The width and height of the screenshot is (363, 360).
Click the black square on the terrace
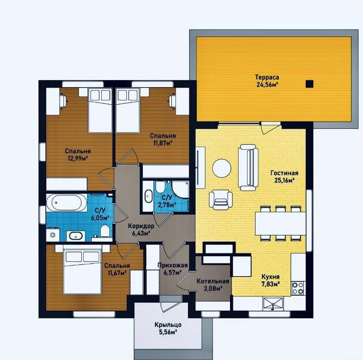[x=310, y=84]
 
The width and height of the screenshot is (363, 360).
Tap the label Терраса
[x=267, y=77]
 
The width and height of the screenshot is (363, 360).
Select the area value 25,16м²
[x=284, y=180]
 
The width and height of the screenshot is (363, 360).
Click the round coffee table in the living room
[x=222, y=168]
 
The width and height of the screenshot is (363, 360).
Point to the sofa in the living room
[x=248, y=168]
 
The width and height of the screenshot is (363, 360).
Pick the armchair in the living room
[x=221, y=200]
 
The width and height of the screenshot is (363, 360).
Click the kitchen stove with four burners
[x=298, y=288]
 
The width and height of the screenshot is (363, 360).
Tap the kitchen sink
[x=273, y=304]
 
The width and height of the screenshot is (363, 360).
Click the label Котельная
[x=213, y=281]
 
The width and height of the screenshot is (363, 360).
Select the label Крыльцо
[x=168, y=325]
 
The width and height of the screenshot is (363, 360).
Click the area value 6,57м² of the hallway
[x=172, y=272]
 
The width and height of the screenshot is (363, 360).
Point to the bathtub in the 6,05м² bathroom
[x=66, y=203]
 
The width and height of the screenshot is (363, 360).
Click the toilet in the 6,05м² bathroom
[x=105, y=231]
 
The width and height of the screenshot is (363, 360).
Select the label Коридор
[x=141, y=226]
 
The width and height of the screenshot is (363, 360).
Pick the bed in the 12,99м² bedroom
[x=100, y=110]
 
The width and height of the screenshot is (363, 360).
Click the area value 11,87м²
[x=163, y=143]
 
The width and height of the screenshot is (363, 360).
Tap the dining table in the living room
[x=281, y=223]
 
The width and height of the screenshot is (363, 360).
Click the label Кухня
[x=270, y=277]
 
